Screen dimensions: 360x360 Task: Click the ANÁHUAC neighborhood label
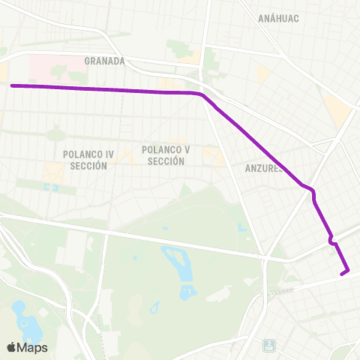(x=279, y=18)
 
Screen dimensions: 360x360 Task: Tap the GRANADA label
(x=104, y=61)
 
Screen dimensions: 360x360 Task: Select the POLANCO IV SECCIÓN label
(x=88, y=160)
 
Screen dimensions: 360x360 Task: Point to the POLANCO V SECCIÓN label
(x=166, y=155)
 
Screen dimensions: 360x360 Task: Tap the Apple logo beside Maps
(x=13, y=347)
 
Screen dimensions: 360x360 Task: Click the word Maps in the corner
(x=34, y=347)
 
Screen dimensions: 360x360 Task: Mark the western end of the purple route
(x=13, y=85)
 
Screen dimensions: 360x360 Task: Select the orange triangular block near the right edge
(x=338, y=110)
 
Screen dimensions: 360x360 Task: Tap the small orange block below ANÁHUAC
(x=262, y=73)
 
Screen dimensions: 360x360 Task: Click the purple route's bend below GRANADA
(x=201, y=95)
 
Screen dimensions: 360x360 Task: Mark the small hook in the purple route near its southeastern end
(x=331, y=240)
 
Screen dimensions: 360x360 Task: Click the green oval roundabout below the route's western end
(x=56, y=136)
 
